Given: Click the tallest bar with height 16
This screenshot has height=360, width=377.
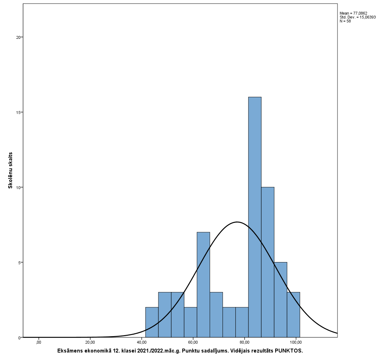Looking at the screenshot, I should pos(255,217).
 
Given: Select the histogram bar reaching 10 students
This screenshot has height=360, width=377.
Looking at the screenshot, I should pos(268,262).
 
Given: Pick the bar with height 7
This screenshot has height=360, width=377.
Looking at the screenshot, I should pos(203,285).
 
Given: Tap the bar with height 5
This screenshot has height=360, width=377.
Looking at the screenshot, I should pos(281,300).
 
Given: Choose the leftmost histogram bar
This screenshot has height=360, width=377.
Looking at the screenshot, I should pos(152,322).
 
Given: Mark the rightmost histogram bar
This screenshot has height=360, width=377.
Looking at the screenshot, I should pos(293,315).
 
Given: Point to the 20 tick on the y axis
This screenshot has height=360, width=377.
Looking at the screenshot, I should pos(19,37).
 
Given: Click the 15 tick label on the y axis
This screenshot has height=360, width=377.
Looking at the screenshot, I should pos(19,112).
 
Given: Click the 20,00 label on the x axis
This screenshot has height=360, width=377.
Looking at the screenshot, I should pos(90,343).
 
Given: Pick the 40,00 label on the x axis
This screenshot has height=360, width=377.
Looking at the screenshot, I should pos(142,343).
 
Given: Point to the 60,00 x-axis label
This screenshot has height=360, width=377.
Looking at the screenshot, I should pos(193,343).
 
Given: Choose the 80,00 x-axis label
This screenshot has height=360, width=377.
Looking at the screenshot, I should pos(245,343).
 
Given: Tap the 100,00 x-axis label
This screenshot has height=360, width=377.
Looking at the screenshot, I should pos(296,343).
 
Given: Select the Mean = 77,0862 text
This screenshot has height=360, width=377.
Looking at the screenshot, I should pos(353,13).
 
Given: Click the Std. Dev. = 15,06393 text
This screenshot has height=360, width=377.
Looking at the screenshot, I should pos(357,17).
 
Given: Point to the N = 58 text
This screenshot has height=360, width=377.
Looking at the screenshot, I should pos(345,21).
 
